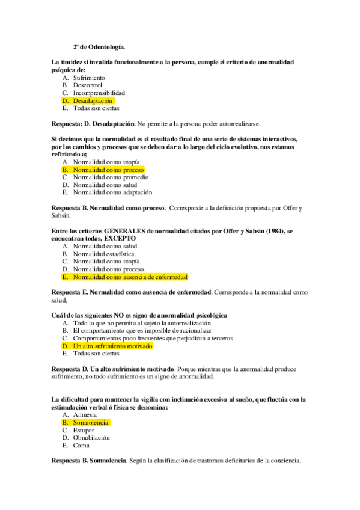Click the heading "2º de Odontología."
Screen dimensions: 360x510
tap(99, 46)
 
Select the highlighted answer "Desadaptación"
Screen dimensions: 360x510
tap(93, 101)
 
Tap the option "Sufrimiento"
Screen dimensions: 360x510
tap(89, 78)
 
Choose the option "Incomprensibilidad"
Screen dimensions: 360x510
tap(99, 93)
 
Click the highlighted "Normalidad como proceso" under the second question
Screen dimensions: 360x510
tap(108, 170)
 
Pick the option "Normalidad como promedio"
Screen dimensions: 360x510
tap(111, 177)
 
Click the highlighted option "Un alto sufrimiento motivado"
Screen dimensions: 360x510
tap(112, 346)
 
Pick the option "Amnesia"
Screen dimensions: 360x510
tap(85, 415)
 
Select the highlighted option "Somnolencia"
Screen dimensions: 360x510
tap(90, 423)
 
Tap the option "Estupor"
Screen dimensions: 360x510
tap(84, 431)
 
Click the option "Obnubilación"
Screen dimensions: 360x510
tap(91, 438)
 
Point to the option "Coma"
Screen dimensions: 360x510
tap(81, 446)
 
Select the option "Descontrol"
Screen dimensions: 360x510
tap(87, 85)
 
